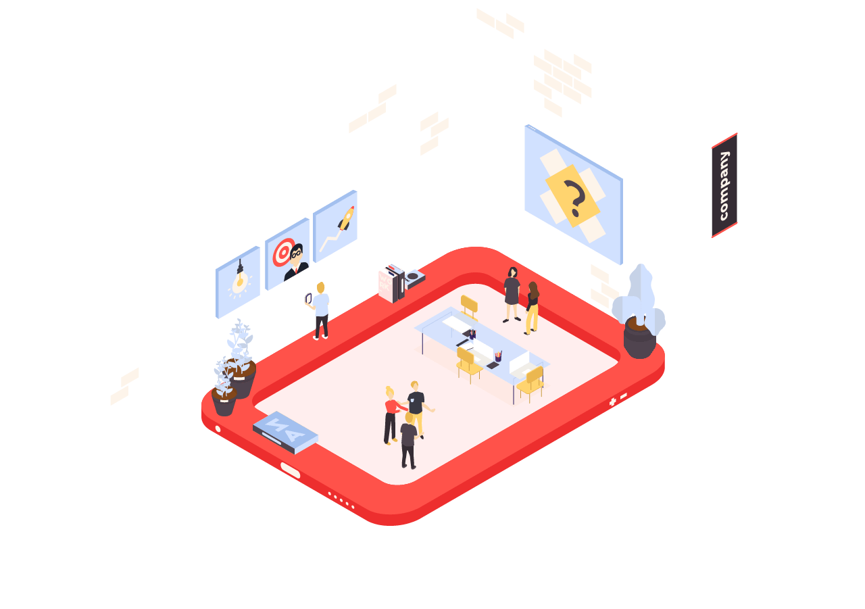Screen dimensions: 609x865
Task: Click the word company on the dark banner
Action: (724, 186)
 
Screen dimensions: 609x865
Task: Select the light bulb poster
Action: (238, 281)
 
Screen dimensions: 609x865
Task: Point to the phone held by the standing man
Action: (308, 298)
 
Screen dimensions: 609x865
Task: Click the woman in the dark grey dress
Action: (512, 291)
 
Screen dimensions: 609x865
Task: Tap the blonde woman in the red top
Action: (391, 413)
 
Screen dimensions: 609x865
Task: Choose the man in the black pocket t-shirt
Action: (416, 406)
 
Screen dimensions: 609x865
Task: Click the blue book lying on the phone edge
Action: (285, 432)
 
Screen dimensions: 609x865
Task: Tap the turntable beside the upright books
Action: (414, 278)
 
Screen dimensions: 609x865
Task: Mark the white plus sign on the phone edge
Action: (612, 402)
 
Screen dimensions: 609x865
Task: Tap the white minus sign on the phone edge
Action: (623, 395)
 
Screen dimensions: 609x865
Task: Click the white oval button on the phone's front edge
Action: (290, 470)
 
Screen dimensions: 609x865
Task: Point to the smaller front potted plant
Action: (224, 391)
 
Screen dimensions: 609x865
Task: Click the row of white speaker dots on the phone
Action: (341, 500)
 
